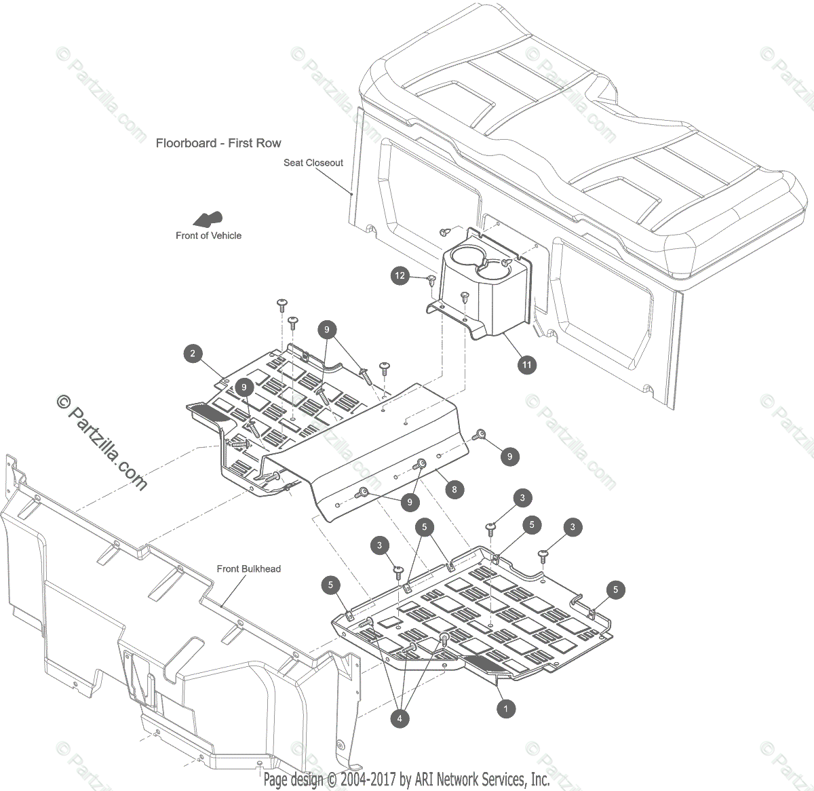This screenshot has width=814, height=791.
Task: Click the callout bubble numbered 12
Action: click(400, 275)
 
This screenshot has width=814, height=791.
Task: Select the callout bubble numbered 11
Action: click(526, 364)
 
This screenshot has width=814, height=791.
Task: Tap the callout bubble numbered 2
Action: click(193, 353)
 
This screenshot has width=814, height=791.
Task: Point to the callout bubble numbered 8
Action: click(454, 489)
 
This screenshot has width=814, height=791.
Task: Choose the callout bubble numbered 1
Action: click(505, 709)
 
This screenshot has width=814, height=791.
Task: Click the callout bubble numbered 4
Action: click(400, 718)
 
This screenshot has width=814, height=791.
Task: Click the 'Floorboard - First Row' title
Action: click(218, 143)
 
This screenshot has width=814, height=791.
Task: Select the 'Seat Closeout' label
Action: click(313, 163)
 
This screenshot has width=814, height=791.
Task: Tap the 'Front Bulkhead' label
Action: click(248, 568)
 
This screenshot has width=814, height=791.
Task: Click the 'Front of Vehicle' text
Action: click(208, 235)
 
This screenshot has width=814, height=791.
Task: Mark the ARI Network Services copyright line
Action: click(406, 779)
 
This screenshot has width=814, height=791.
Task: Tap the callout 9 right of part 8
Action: click(510, 457)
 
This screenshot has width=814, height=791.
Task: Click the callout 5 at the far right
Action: click(615, 590)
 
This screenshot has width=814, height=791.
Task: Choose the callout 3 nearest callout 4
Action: click(379, 545)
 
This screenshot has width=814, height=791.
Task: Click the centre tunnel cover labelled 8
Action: click(387, 448)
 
